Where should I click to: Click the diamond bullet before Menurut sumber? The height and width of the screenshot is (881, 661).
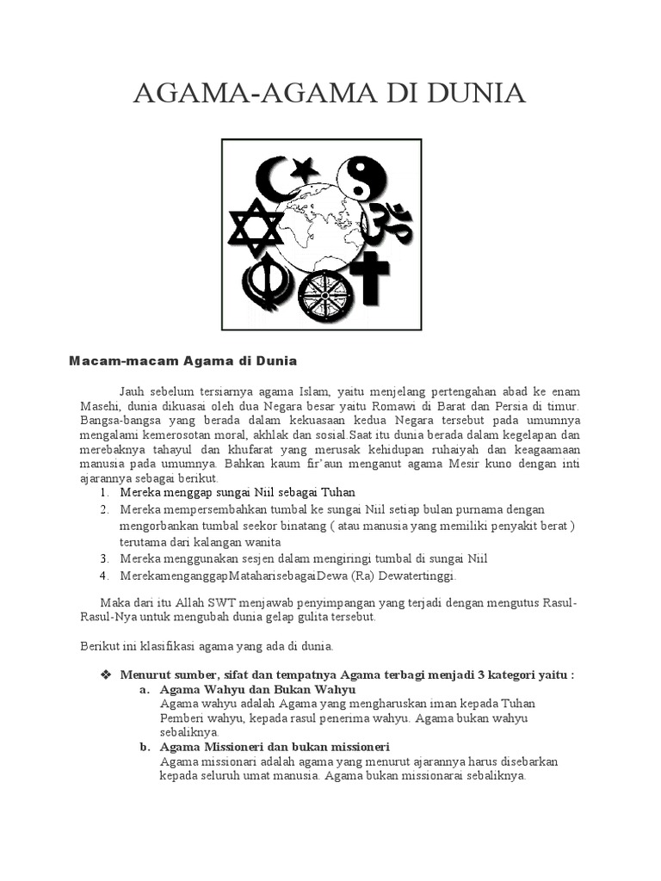[x=106, y=675]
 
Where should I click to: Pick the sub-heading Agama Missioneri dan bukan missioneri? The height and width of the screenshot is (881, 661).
[x=275, y=746]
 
